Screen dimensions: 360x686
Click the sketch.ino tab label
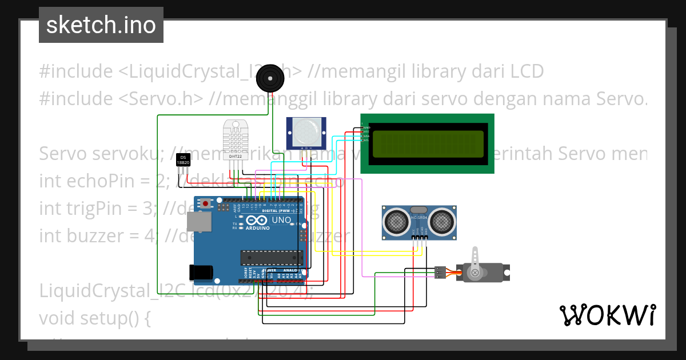point(101,25)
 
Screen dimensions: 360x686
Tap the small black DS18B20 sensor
point(182,160)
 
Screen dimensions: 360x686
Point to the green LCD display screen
point(427,143)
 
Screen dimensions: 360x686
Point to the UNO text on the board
point(281,220)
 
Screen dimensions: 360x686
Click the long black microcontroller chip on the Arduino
point(270,258)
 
